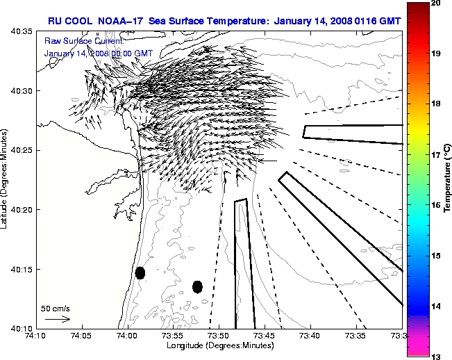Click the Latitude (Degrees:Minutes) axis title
(6, 181)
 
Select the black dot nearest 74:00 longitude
(140, 272)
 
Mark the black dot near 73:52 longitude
(197, 286)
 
